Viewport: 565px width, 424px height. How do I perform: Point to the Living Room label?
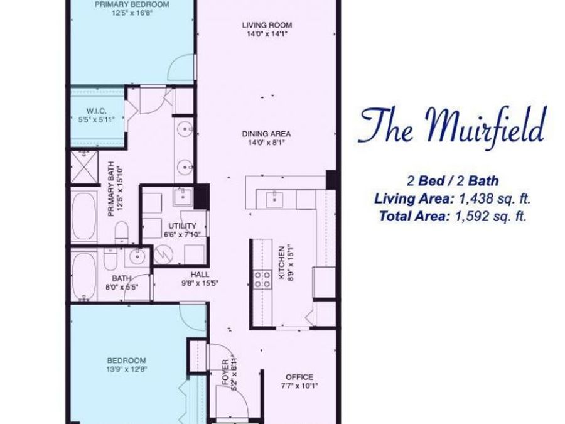pyautogui.click(x=267, y=26)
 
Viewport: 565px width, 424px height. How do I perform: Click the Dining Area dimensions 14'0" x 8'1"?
pyautogui.click(x=267, y=143)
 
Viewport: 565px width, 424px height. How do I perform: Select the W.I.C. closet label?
pyautogui.click(x=99, y=111)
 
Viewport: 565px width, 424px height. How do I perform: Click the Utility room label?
pyautogui.click(x=182, y=226)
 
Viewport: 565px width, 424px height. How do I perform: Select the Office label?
pyautogui.click(x=299, y=377)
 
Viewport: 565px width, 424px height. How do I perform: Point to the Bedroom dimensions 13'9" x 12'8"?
pyautogui.click(x=127, y=369)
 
